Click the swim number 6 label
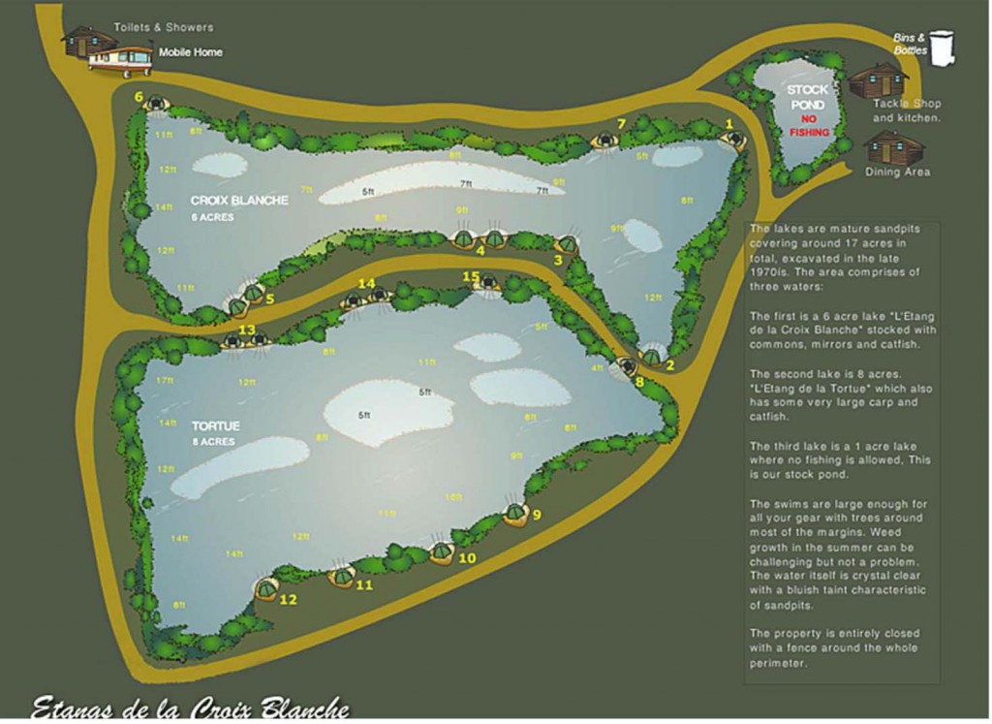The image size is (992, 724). pyautogui.click(x=139, y=97)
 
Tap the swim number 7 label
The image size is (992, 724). pyautogui.click(x=622, y=123)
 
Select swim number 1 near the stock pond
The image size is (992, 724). pyautogui.click(x=728, y=123)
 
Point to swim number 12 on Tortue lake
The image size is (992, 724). pyautogui.click(x=288, y=599)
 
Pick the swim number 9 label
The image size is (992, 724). pyautogui.click(x=537, y=515)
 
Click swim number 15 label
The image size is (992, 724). pyautogui.click(x=471, y=277)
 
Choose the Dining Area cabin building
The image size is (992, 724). pyautogui.click(x=892, y=146)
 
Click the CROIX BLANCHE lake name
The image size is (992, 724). pyautogui.click(x=239, y=201)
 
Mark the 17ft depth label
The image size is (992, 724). pyautogui.click(x=165, y=380)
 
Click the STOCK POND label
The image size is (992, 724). pyautogui.click(x=807, y=97)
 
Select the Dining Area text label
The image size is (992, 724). pyautogui.click(x=897, y=172)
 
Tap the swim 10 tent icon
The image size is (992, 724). pyautogui.click(x=442, y=551)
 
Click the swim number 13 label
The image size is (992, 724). pyautogui.click(x=247, y=331)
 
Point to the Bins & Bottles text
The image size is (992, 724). pyautogui.click(x=910, y=44)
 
